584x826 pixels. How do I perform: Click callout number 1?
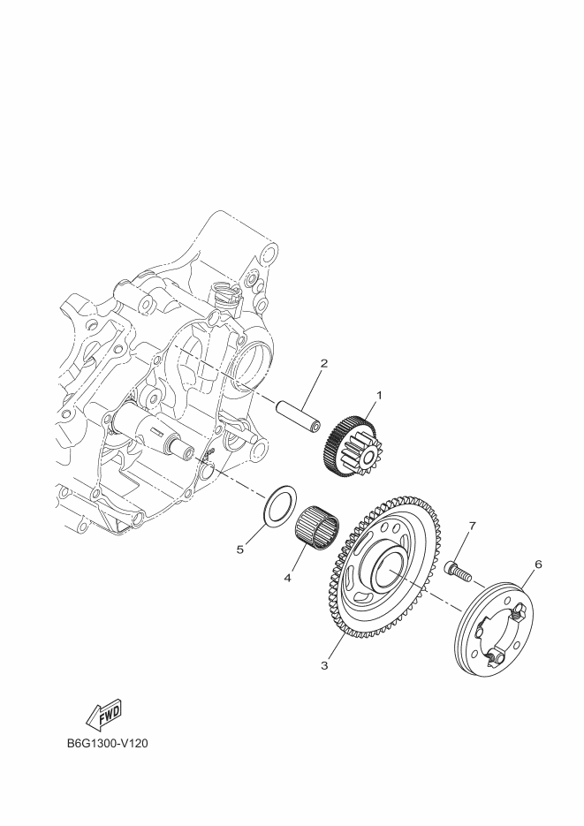coord(379,395)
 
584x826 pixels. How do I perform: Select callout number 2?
coord(324,363)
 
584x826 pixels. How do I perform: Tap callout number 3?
coord(324,665)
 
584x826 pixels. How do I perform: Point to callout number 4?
coord(287,578)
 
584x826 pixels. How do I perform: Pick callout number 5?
coord(240,549)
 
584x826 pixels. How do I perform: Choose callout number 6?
coord(538,565)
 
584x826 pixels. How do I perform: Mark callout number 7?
coord(472,526)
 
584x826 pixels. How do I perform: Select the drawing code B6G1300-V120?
coord(108,744)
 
